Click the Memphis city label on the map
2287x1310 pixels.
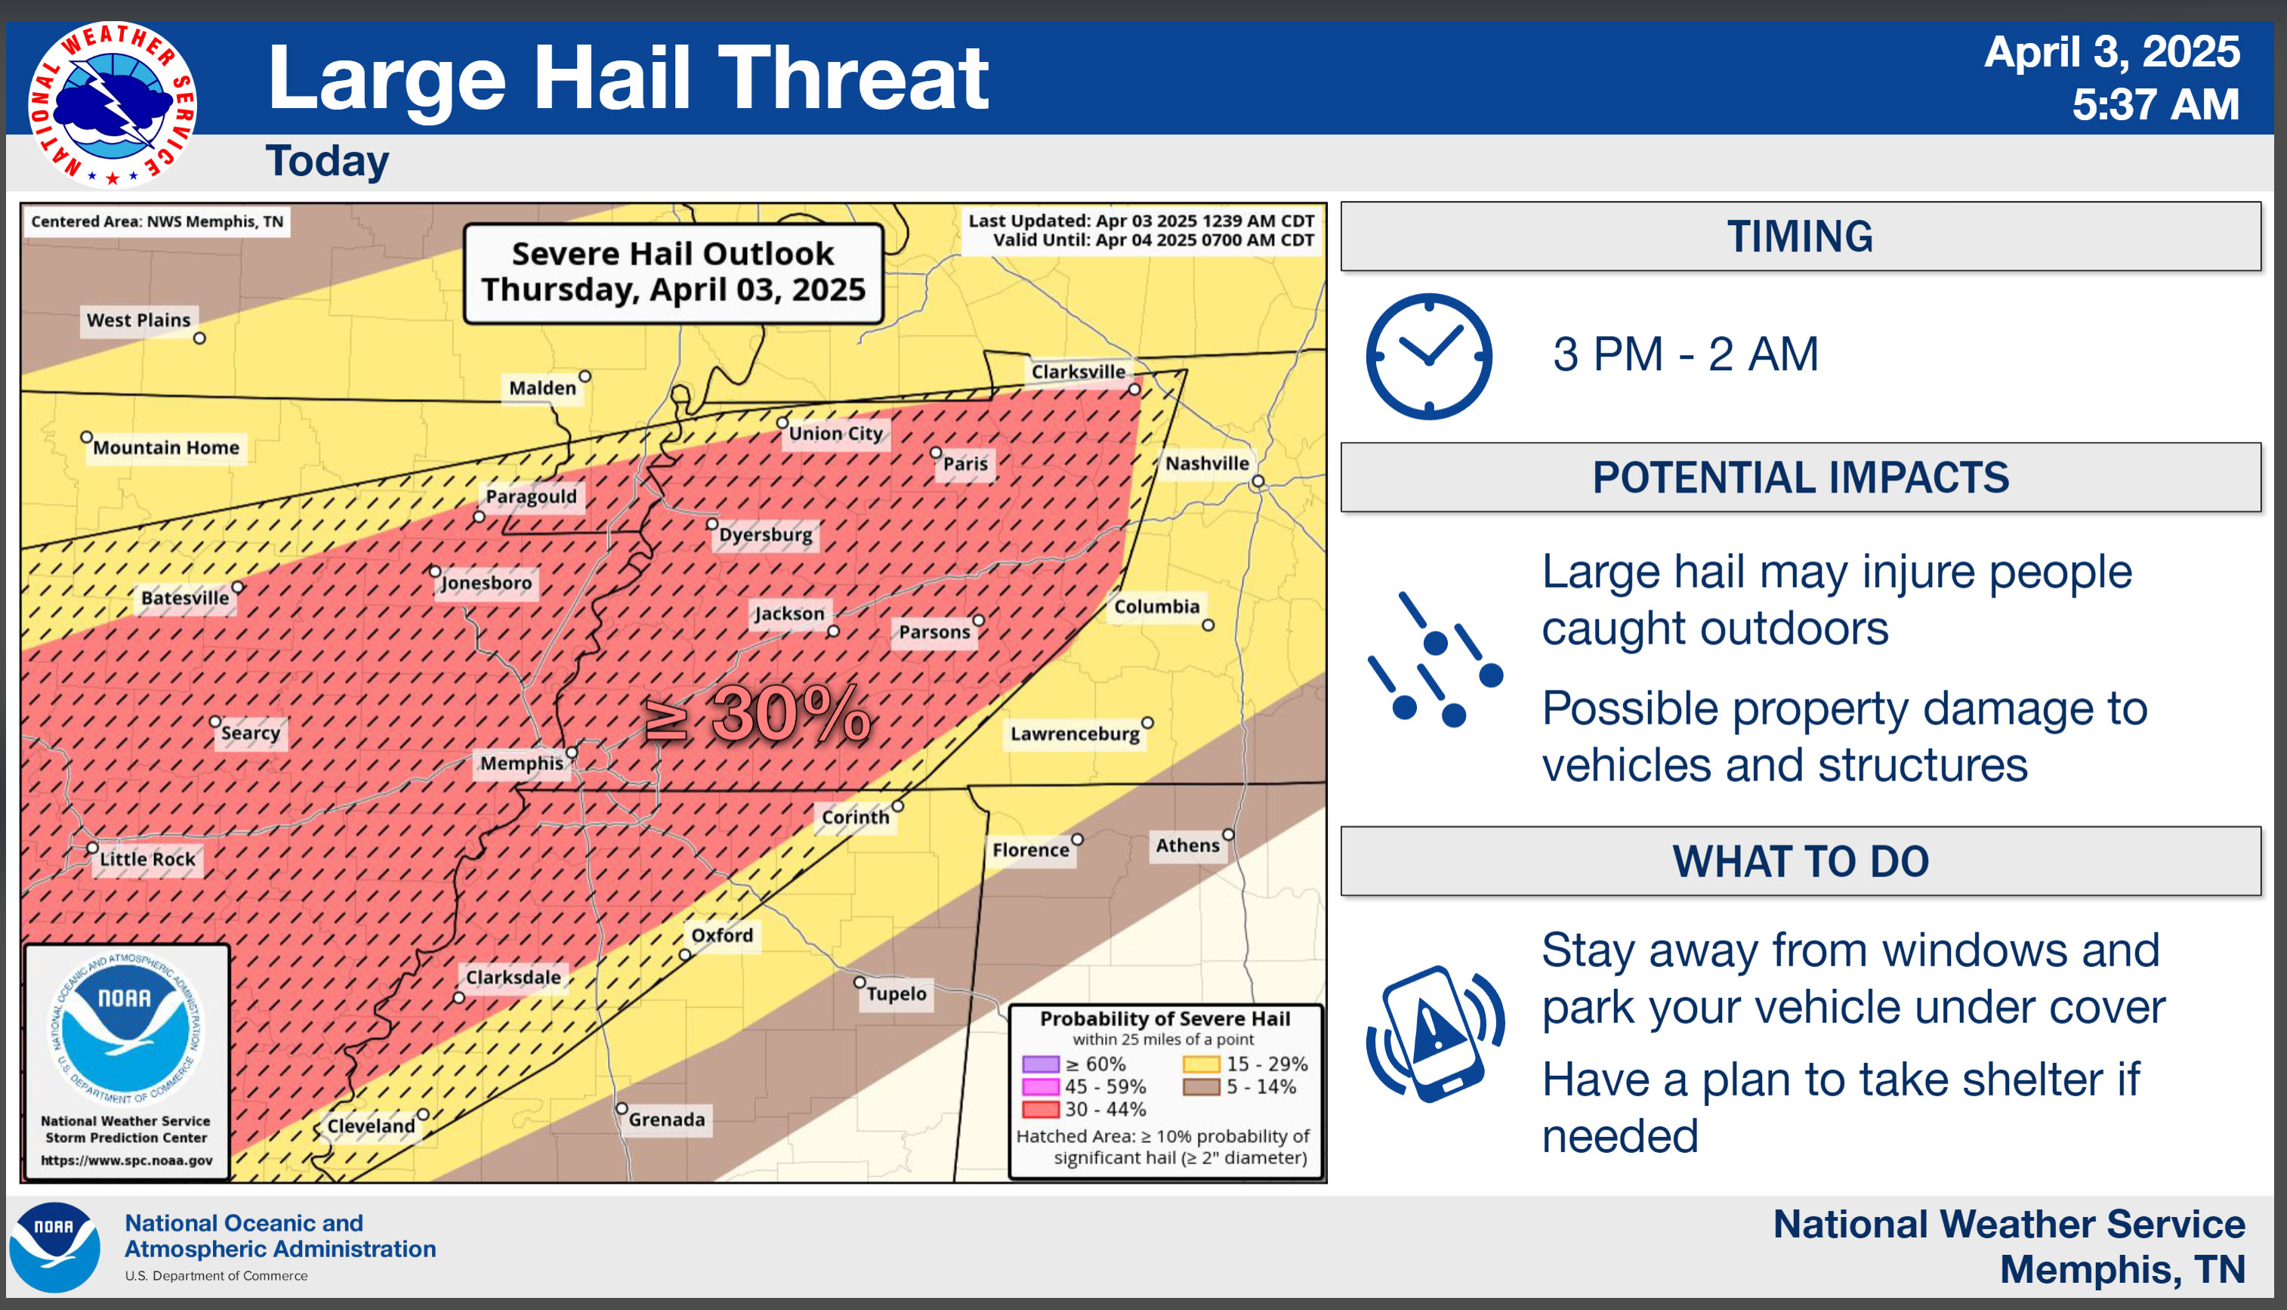tap(522, 764)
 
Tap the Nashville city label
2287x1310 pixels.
tap(1207, 463)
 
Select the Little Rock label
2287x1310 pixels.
tap(147, 859)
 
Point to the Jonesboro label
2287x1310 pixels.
tap(486, 583)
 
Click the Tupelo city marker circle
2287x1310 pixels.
tap(860, 981)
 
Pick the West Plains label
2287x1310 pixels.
tap(138, 320)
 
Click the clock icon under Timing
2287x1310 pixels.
tap(1429, 357)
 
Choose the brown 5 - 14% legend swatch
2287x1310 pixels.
tap(1201, 1087)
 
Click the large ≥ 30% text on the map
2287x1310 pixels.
tap(758, 716)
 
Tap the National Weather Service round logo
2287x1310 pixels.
tap(113, 104)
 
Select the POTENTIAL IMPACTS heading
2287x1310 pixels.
tap(1801, 477)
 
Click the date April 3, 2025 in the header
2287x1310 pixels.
tap(2112, 52)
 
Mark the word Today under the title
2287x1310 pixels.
tap(327, 162)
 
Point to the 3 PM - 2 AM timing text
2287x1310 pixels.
tap(1685, 354)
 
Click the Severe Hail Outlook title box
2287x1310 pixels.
tap(674, 273)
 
